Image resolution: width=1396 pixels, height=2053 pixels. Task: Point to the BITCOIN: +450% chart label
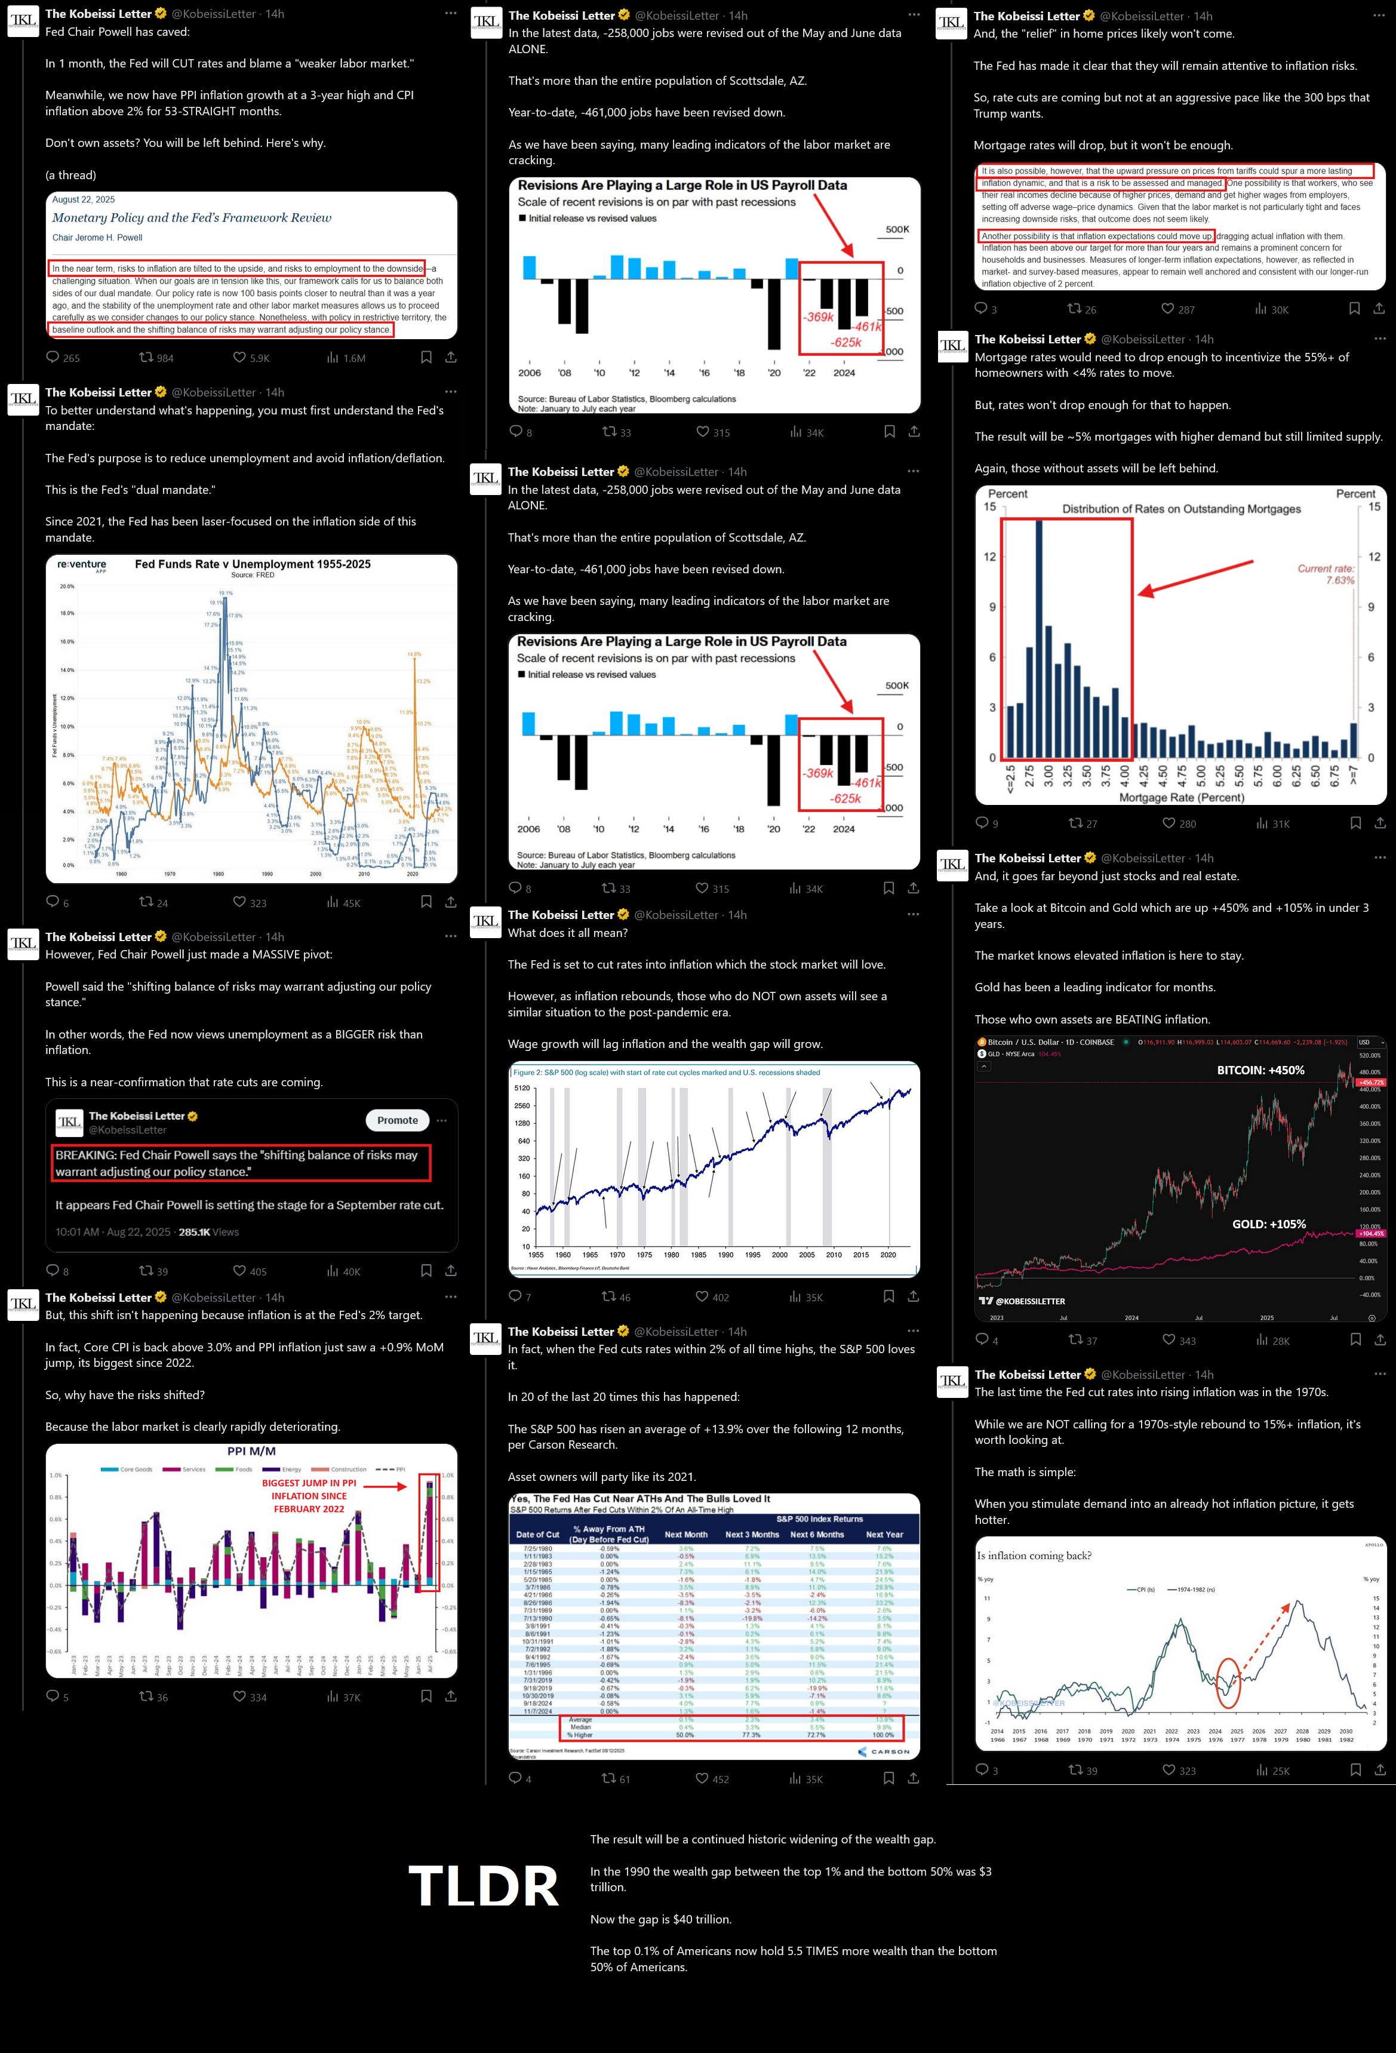point(1260,1069)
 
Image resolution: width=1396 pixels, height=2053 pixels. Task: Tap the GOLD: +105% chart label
point(1269,1224)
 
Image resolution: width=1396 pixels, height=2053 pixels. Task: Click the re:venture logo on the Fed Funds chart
point(81,564)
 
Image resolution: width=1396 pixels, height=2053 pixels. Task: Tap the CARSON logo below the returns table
point(884,1751)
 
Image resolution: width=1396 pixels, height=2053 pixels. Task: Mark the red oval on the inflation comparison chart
point(1228,1683)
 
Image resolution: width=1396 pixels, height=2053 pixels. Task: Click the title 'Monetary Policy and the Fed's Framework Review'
point(192,218)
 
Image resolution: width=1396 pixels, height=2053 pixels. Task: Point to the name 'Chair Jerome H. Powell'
point(97,238)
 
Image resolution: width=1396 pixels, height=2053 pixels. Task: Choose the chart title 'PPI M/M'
point(251,1452)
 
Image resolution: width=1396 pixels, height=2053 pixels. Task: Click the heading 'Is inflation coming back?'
point(1034,1556)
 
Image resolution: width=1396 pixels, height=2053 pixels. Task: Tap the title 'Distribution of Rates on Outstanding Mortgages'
point(1181,509)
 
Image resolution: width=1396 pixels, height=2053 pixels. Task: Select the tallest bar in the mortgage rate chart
point(1039,636)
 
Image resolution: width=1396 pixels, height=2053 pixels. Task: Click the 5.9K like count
point(253,358)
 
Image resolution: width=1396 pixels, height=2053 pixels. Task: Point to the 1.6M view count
point(346,358)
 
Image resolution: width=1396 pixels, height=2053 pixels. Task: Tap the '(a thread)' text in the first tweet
point(70,175)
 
